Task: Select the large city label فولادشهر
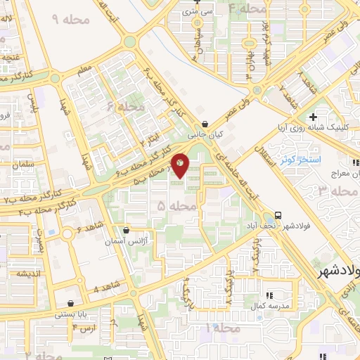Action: coord(333,271)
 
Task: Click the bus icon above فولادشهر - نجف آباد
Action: coord(279,214)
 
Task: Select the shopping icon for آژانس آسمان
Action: coord(127,229)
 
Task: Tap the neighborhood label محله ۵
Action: coord(172,207)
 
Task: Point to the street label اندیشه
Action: coord(19,256)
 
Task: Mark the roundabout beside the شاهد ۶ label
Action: coord(68,233)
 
